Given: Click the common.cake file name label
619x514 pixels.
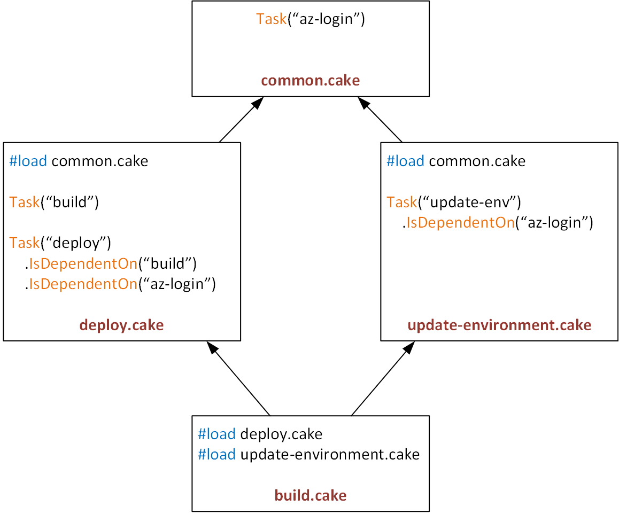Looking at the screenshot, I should click(310, 81).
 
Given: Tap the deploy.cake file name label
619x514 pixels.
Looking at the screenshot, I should click(121, 325).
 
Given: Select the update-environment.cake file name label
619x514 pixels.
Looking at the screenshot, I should click(499, 325).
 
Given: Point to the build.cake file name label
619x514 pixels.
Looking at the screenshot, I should click(310, 495).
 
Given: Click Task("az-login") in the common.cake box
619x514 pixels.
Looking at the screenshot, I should click(310, 20).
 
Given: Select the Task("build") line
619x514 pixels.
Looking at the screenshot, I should click(55, 202).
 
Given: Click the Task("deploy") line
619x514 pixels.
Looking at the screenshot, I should click(60, 243).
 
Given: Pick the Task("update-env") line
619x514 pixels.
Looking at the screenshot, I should click(454, 202).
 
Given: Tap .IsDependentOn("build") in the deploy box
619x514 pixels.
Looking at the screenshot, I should click(111, 263).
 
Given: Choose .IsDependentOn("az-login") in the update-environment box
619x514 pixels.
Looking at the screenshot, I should click(498, 222).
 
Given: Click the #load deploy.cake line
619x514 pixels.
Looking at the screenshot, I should click(260, 434).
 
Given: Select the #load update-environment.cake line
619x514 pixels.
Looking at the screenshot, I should click(308, 454).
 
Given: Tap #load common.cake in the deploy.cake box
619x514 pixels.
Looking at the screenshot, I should click(79, 161).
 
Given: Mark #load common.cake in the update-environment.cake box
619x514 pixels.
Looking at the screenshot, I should click(456, 161).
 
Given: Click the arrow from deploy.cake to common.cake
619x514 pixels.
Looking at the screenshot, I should click(241, 121).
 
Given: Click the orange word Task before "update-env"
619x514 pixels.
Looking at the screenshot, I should click(401, 202).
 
